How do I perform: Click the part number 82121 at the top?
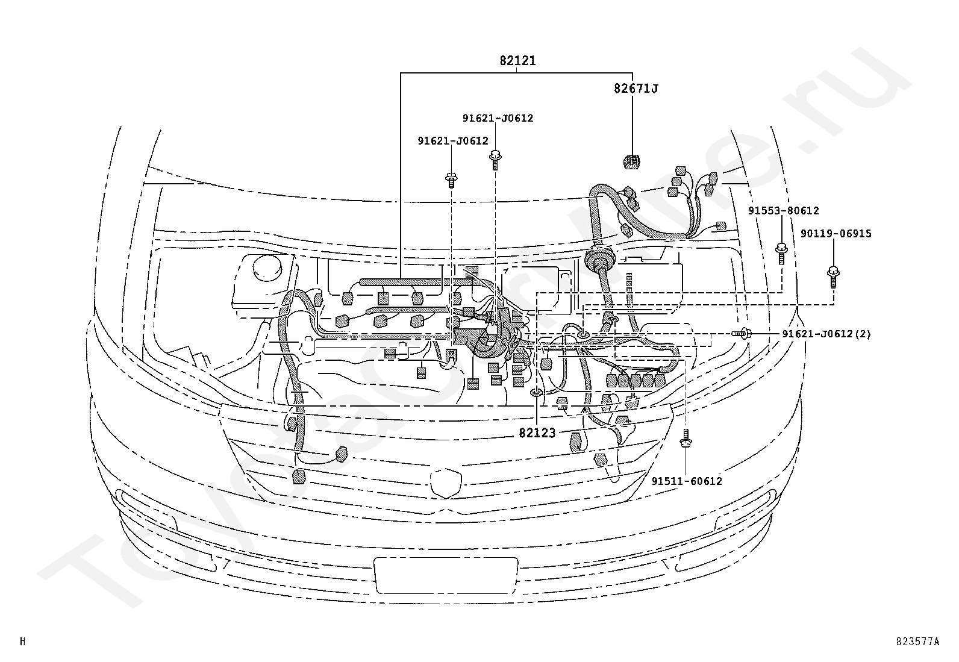tap(517, 61)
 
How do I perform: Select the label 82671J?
tap(636, 89)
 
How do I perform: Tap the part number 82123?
tap(537, 432)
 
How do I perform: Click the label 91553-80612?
tap(784, 211)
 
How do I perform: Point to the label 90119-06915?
tap(836, 234)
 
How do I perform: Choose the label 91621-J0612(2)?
tap(826, 334)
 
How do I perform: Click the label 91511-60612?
tap(687, 481)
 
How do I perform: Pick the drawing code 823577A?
tap(917, 642)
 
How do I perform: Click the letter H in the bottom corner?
tap(23, 642)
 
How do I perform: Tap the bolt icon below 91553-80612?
tap(781, 253)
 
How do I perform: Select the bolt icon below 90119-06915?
tap(834, 277)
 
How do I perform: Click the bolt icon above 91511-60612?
tap(686, 439)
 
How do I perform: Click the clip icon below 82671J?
tap(631, 161)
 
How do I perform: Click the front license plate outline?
tap(446, 575)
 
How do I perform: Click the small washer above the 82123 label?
tap(536, 393)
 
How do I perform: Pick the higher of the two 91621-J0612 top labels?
tap(498, 118)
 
